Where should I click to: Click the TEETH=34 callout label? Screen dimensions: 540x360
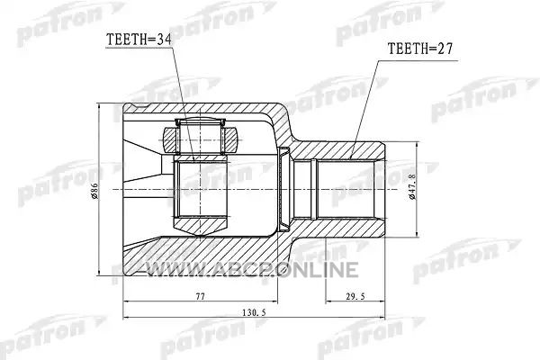139,40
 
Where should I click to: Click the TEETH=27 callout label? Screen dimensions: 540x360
419,49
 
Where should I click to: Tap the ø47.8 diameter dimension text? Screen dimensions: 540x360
412,186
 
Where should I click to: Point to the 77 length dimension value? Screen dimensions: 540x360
200,296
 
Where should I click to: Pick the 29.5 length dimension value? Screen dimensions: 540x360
356,296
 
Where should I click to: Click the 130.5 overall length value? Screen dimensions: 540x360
254,312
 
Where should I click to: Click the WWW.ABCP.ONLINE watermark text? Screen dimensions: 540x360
253,269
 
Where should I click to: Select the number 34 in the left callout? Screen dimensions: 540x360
164,40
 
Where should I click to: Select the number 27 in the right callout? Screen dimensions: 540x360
445,49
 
